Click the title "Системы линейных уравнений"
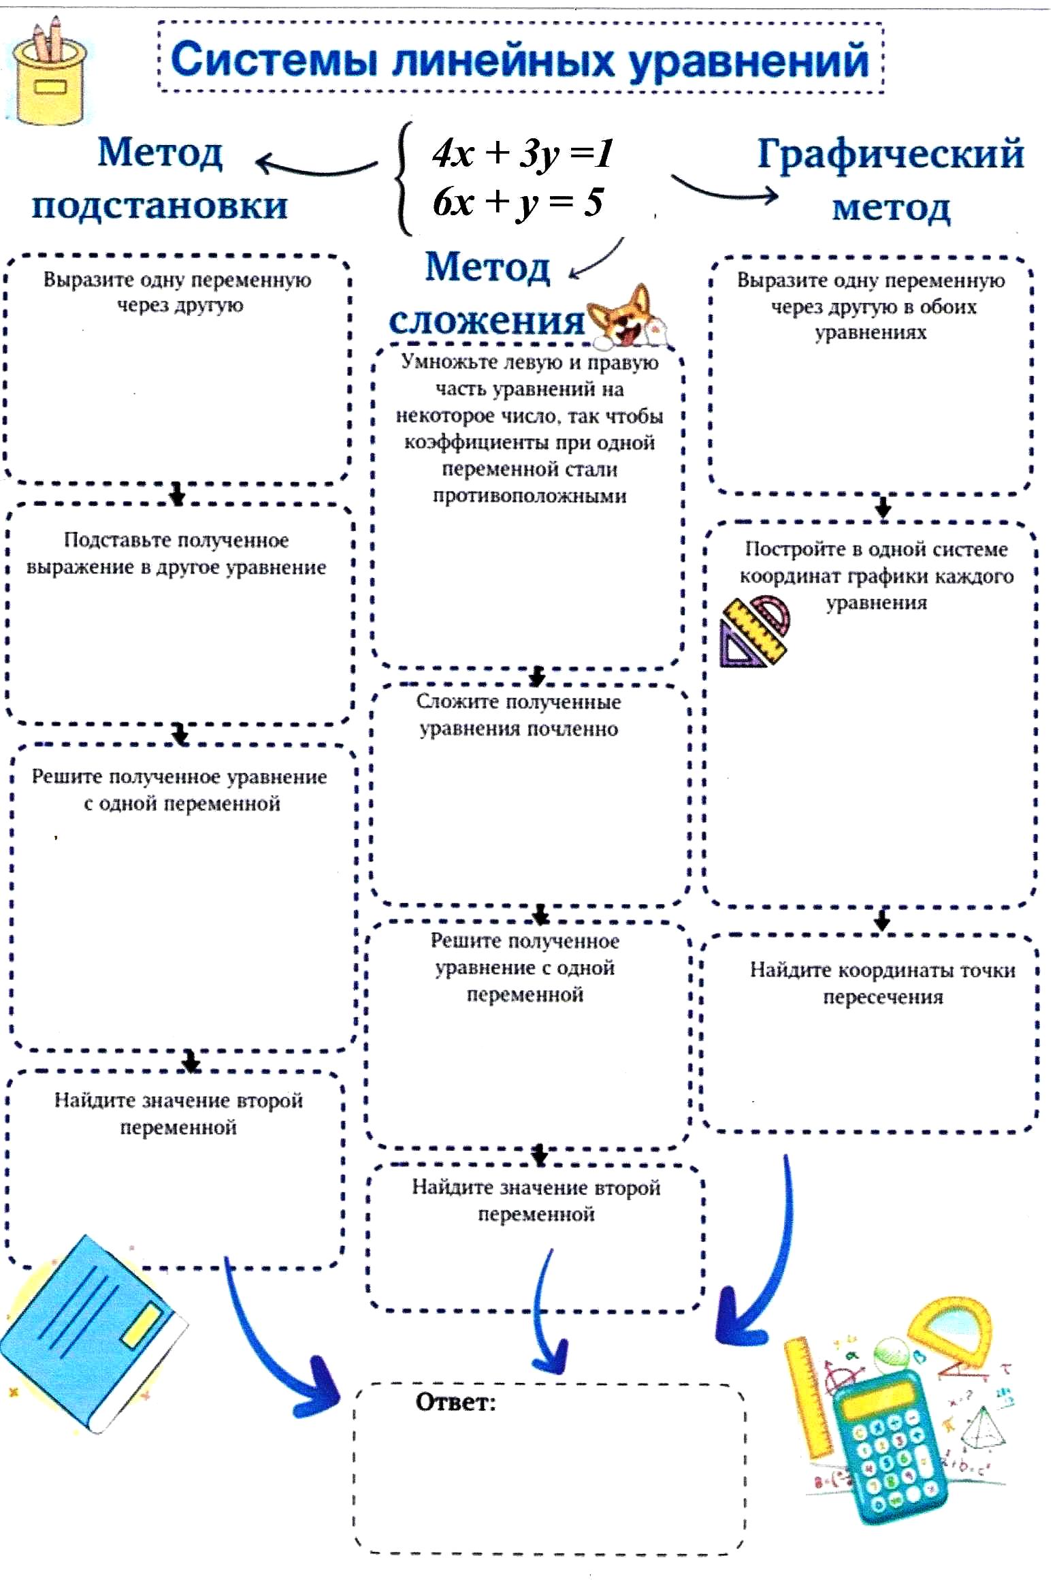(x=520, y=60)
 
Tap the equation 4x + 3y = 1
(x=522, y=153)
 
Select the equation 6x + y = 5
(x=517, y=202)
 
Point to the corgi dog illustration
(x=625, y=317)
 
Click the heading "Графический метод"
(x=890, y=178)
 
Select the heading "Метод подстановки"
(x=160, y=178)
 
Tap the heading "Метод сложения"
(x=487, y=293)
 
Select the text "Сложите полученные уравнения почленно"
(x=518, y=715)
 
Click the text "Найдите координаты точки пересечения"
(x=882, y=983)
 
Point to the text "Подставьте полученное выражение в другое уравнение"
(x=176, y=553)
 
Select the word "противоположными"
(x=529, y=495)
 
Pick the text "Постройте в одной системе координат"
(x=876, y=562)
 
